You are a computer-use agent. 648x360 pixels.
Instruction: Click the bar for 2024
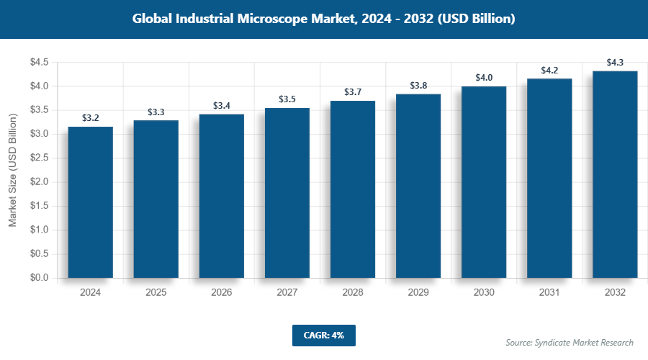pyautogui.click(x=91, y=202)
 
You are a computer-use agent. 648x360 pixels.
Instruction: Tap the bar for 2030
pyautogui.click(x=484, y=182)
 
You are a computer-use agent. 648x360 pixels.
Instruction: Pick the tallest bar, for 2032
pyautogui.click(x=615, y=174)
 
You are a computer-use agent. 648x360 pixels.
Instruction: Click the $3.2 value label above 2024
pyautogui.click(x=91, y=117)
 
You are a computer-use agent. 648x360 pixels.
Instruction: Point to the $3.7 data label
pyautogui.click(x=353, y=91)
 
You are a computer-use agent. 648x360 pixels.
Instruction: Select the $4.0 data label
pyautogui.click(x=484, y=77)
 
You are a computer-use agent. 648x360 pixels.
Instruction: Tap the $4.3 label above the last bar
pyautogui.click(x=615, y=63)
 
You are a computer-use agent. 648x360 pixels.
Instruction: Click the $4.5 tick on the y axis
pyautogui.click(x=39, y=63)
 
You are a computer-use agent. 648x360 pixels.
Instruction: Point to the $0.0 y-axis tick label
pyautogui.click(x=39, y=278)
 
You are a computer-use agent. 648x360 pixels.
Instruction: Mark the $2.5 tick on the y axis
pyautogui.click(x=39, y=158)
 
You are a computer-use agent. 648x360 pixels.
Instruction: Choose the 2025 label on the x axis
pyautogui.click(x=156, y=293)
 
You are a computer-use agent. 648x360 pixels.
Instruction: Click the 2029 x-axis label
pyautogui.click(x=418, y=293)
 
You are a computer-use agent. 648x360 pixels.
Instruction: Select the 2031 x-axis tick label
pyautogui.click(x=549, y=293)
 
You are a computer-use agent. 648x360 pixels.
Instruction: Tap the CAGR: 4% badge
pyautogui.click(x=323, y=336)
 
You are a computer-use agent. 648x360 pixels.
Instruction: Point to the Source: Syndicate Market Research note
pyautogui.click(x=569, y=343)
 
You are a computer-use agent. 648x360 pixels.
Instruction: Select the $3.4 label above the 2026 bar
pyautogui.click(x=222, y=106)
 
